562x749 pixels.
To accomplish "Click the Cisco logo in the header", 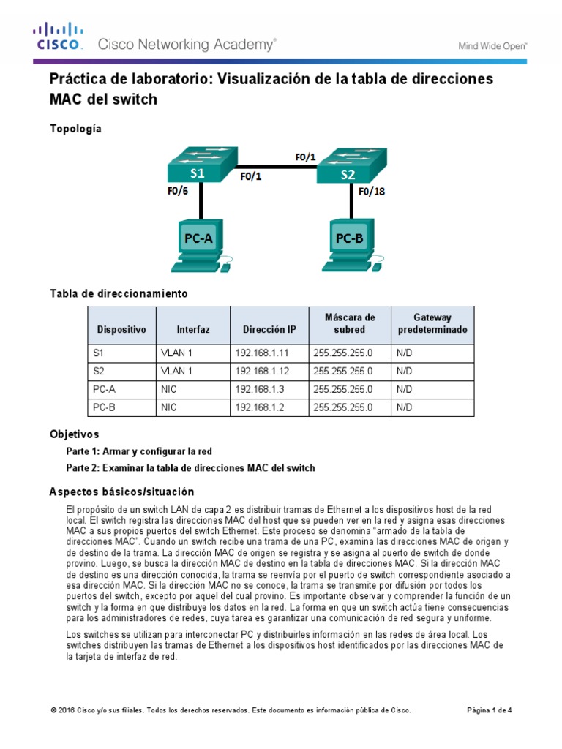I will [59, 37].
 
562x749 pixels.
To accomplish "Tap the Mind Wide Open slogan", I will [492, 45].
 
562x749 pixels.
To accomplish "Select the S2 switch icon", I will [351, 168].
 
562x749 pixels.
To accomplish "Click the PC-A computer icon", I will [201, 241].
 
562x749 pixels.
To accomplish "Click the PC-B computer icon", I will [351, 241].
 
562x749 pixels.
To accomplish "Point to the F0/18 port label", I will [372, 192].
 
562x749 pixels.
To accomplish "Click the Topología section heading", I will [75, 129].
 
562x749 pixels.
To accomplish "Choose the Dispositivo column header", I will [121, 330].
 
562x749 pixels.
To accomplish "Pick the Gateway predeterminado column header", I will [432, 324].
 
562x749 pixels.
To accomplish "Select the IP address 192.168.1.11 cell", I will [257, 353].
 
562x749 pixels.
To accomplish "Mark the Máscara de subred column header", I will [349, 324].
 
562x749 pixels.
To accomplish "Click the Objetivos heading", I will [74, 434].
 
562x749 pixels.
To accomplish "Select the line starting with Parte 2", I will [190, 467].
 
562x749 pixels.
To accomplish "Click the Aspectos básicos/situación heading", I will [121, 492].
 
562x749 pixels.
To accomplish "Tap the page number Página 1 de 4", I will [490, 710].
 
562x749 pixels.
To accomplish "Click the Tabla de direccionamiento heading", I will [119, 293].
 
